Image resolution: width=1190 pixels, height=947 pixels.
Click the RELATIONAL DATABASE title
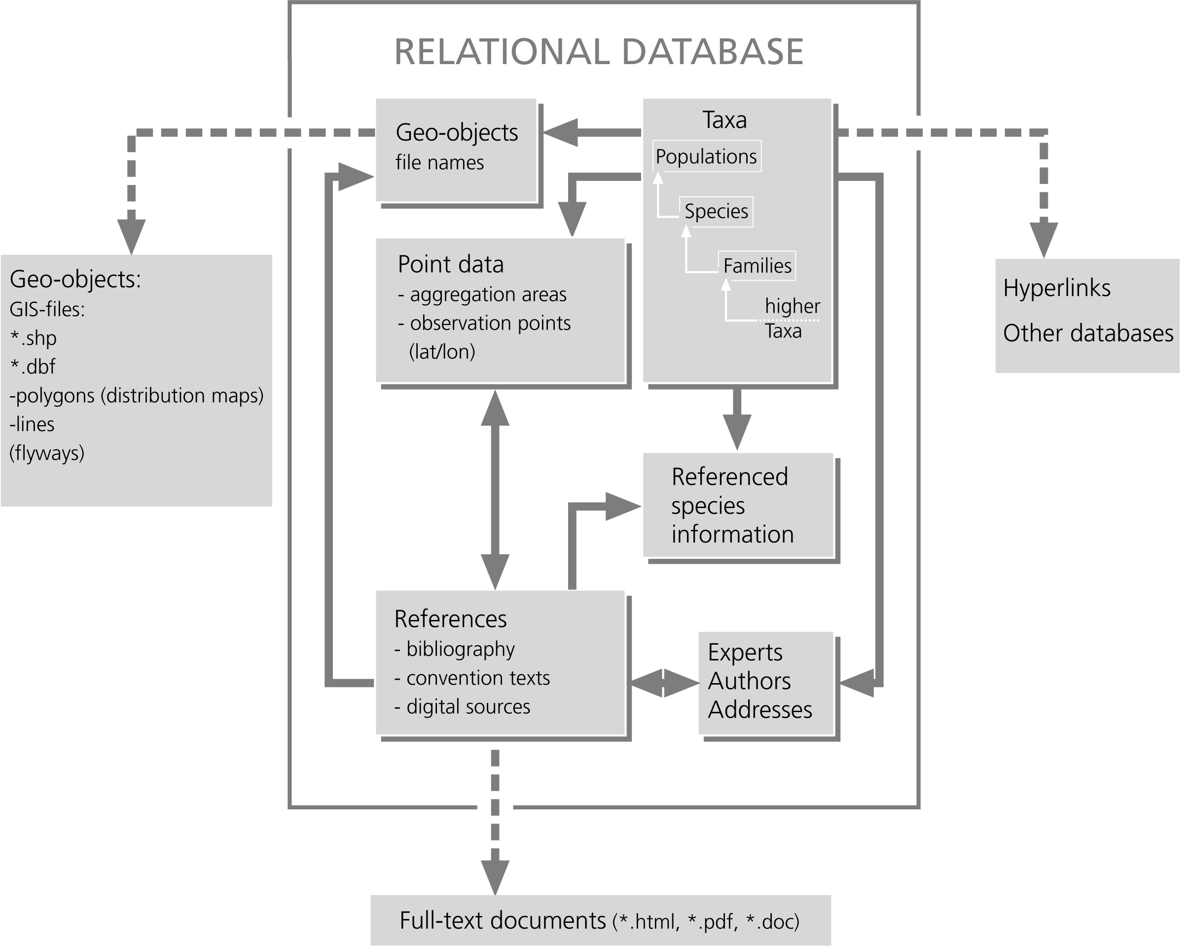[x=598, y=52]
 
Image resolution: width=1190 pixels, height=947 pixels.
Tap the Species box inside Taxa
[x=716, y=212]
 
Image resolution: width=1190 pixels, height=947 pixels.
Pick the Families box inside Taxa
[x=757, y=266]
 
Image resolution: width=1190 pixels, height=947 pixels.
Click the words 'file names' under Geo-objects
[x=439, y=163]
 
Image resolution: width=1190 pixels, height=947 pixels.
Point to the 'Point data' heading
[x=450, y=264]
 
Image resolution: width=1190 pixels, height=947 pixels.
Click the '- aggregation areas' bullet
[x=482, y=294]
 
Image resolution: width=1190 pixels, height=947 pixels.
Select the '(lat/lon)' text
[x=442, y=352]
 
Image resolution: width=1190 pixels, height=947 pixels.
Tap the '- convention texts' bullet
[x=472, y=678]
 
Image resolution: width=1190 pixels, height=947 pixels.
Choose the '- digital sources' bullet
[x=462, y=706]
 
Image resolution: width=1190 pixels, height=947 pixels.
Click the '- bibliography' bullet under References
[x=454, y=649]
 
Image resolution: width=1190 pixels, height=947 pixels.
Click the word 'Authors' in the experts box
[x=749, y=681]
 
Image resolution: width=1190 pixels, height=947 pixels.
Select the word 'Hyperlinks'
[x=1056, y=288]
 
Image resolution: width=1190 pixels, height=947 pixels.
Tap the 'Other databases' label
[x=1087, y=333]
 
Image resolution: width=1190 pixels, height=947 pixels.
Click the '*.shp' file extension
[x=33, y=338]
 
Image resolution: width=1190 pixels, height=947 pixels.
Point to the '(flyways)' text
[x=47, y=453]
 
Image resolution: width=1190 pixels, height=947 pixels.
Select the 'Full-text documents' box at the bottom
[x=600, y=920]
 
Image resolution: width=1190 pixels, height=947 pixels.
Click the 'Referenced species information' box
[x=738, y=506]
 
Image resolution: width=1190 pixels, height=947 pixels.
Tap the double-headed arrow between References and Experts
[x=664, y=683]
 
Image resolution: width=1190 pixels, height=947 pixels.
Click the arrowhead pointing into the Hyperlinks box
[x=1043, y=238]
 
